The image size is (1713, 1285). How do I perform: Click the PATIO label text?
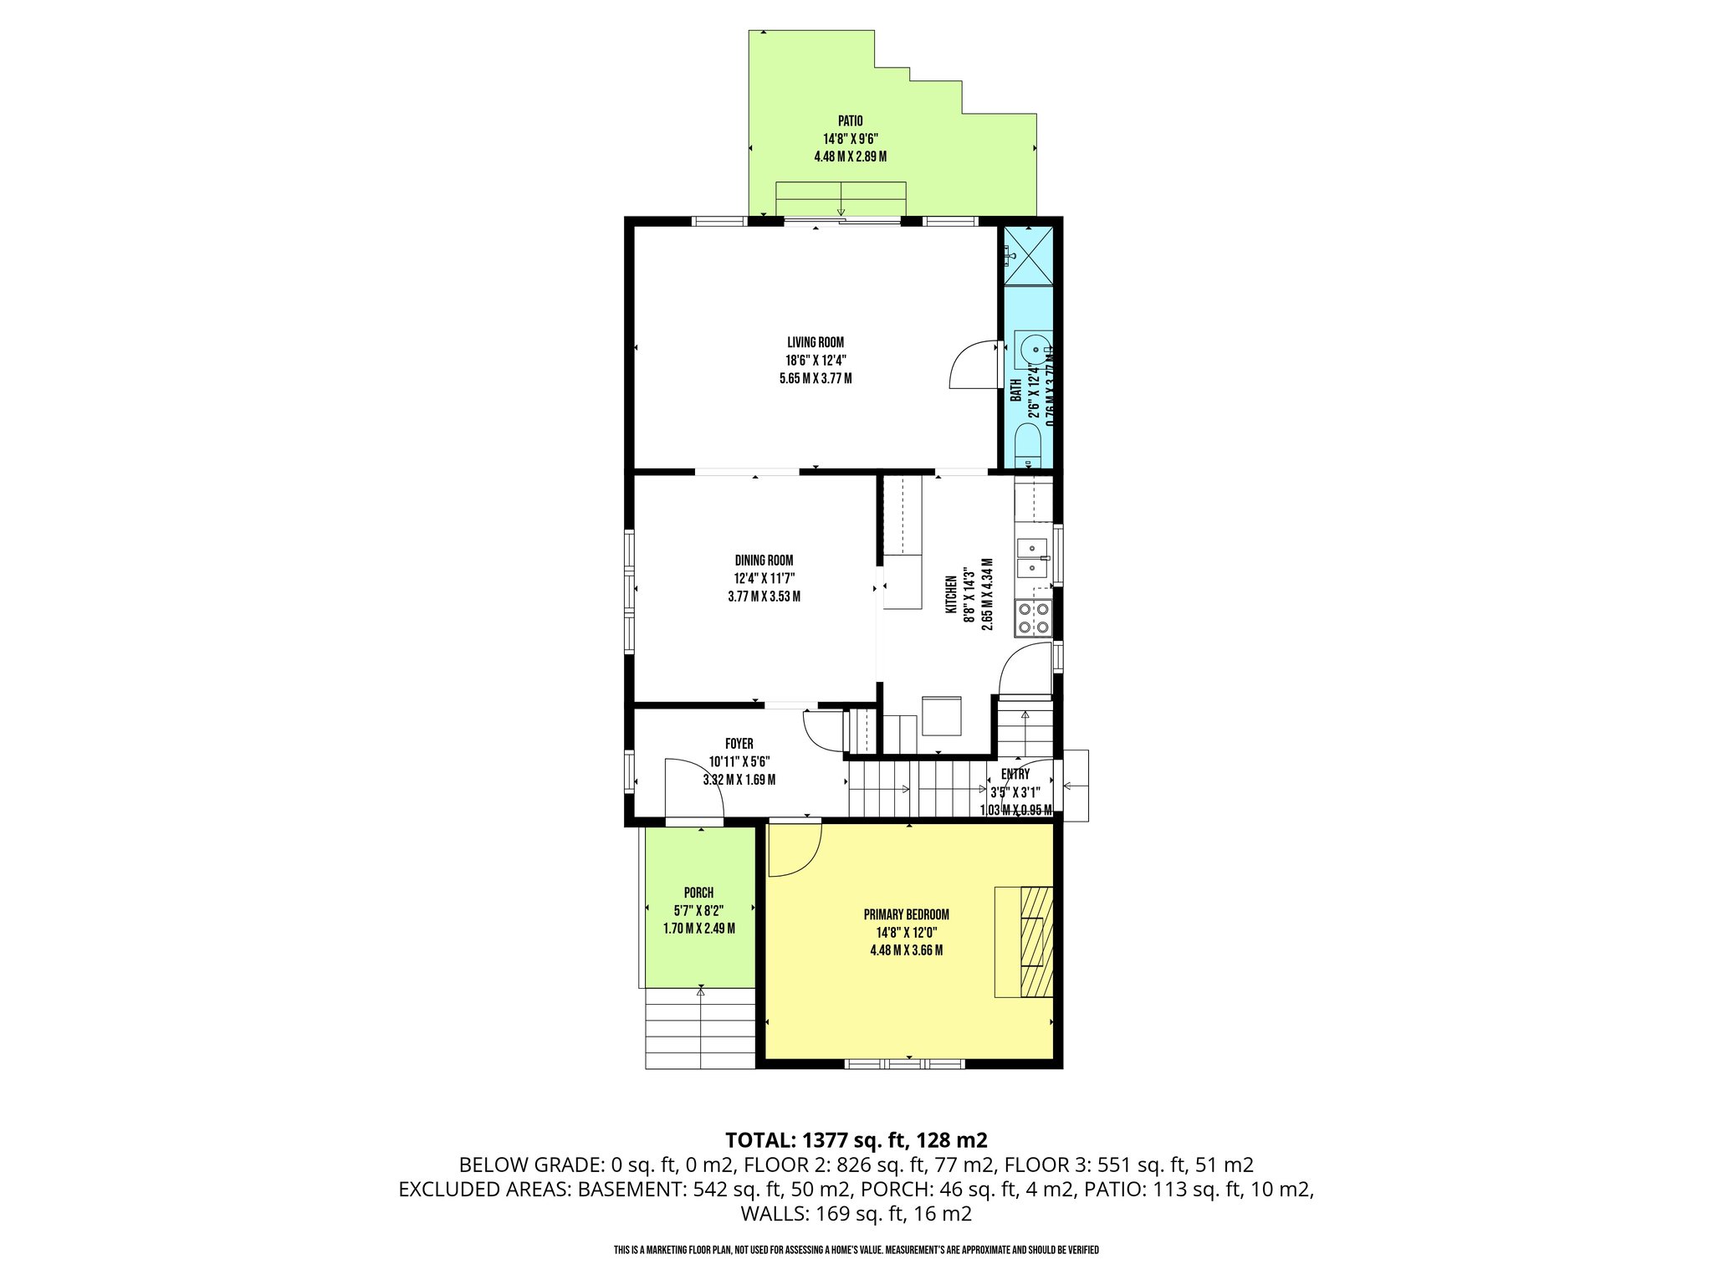[x=850, y=121]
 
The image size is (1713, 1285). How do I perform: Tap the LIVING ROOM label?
[x=815, y=342]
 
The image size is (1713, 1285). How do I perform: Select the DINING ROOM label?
[x=764, y=561]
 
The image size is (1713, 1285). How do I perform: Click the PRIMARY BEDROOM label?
[x=906, y=914]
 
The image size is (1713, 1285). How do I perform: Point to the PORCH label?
[x=698, y=893]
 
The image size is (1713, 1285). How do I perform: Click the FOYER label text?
[x=739, y=744]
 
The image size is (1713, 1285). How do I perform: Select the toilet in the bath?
[x=1026, y=443]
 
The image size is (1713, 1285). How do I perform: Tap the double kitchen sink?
[x=1033, y=558]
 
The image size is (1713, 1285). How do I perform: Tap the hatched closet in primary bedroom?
[x=1035, y=941]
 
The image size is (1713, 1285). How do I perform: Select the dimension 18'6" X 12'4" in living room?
[x=815, y=361]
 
